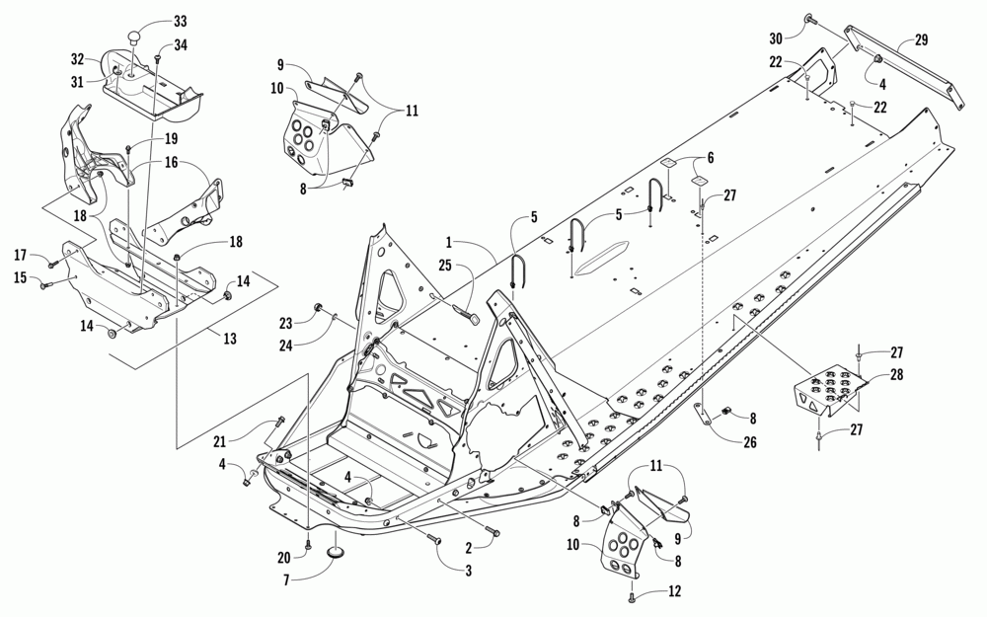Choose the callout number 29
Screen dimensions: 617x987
pos(921,41)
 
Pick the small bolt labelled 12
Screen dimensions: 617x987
pos(630,596)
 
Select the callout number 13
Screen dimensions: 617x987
pos(230,339)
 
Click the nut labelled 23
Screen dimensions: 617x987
pos(319,309)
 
